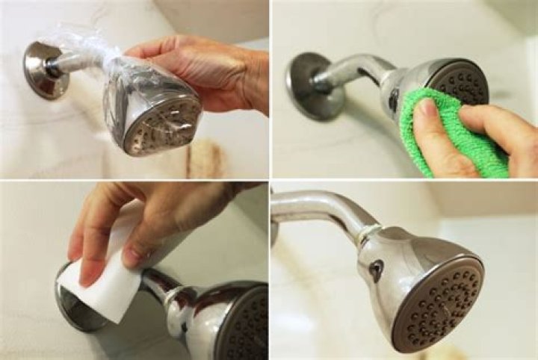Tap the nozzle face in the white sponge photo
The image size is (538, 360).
pyautogui.click(x=247, y=321)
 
